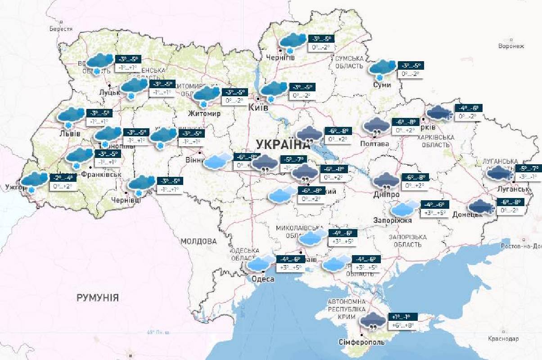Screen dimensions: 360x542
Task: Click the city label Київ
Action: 259,108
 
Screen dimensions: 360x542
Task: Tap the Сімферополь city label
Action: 362,342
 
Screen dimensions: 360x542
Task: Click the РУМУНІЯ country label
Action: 98,297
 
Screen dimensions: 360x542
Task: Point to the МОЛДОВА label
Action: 199,241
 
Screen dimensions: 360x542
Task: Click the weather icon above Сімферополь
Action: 373,321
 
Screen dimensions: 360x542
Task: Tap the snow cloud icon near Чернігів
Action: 292,41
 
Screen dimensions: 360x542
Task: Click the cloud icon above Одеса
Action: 262,263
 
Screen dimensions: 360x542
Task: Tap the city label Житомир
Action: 205,113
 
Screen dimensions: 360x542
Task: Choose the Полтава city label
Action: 375,144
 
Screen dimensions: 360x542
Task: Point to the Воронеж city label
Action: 512,46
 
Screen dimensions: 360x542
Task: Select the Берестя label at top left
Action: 61,29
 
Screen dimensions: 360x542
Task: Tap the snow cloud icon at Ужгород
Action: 34,181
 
